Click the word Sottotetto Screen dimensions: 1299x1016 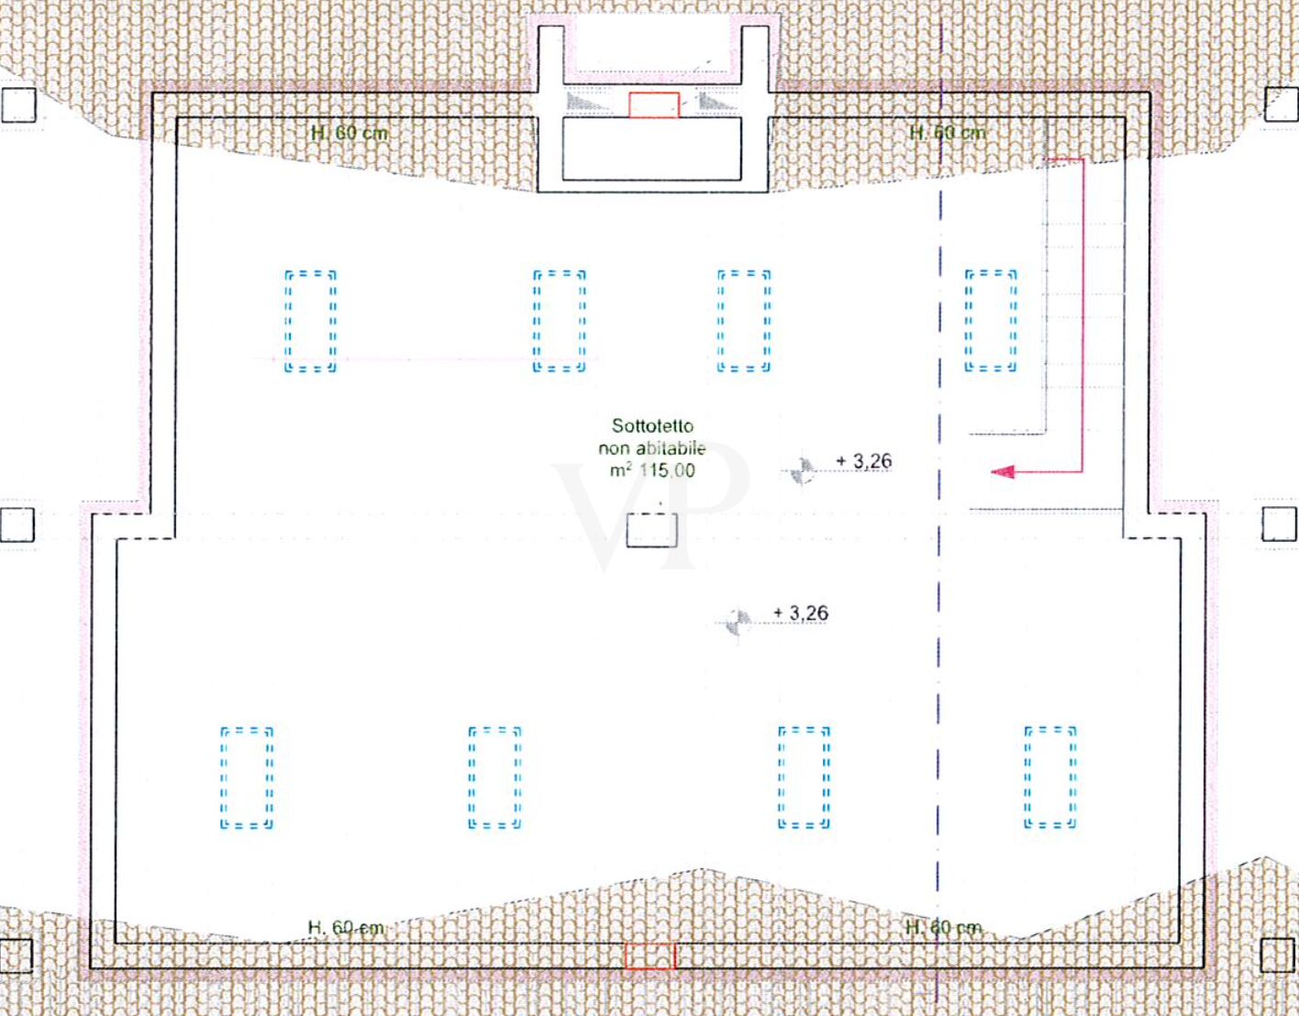coord(652,425)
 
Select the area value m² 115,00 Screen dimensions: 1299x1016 coord(652,470)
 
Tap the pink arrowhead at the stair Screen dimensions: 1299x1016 coord(1003,472)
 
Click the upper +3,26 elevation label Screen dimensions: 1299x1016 coord(864,461)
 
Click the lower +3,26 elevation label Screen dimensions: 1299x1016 coord(801,613)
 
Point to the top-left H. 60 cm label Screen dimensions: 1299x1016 coord(350,133)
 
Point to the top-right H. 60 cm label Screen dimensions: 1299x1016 coord(948,132)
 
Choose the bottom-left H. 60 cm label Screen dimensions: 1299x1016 coord(346,928)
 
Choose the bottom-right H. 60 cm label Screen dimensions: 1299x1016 coord(943,928)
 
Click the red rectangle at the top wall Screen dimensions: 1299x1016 coord(654,105)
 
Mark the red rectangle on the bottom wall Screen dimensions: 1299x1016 coord(650,956)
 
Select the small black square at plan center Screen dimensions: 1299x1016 coord(651,530)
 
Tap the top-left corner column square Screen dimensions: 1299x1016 coord(18,105)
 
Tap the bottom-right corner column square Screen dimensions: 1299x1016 coord(1279,955)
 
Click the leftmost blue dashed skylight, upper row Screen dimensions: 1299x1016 coord(310,321)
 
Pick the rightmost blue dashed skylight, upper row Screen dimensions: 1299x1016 coord(991,321)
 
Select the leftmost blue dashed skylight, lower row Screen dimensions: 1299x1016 coord(247,778)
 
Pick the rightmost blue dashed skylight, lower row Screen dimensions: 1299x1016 coord(1050,777)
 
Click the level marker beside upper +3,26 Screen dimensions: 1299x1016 coord(802,471)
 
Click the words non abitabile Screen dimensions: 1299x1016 coord(652,448)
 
